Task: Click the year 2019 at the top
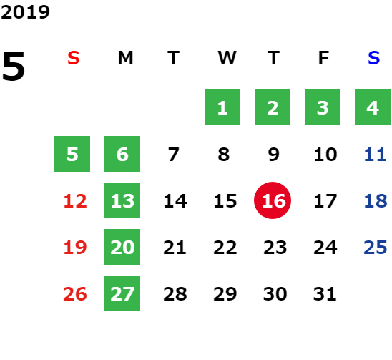25,12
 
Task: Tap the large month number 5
14,66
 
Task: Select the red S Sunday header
74,58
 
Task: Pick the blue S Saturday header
373,58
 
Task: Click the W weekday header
227,58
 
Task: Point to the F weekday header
323,58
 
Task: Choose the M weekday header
125,58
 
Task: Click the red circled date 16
273,200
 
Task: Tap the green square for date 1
222,107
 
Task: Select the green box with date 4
373,107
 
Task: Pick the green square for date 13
122,200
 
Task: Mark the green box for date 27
122,293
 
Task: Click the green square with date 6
122,154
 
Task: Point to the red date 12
75,201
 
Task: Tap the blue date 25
376,248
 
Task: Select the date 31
325,294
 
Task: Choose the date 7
174,155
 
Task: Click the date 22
225,248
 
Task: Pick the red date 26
75,294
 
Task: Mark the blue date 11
376,155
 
